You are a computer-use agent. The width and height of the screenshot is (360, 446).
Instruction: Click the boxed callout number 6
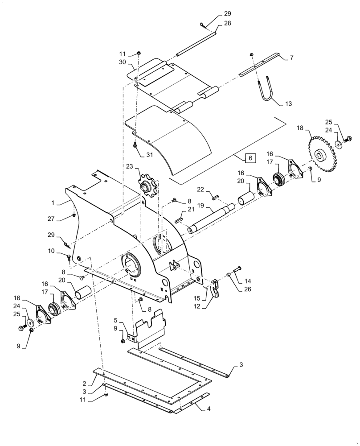pos(250,158)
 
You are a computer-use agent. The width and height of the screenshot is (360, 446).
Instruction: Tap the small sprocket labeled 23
pos(146,186)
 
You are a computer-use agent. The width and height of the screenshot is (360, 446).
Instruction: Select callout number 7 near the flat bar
pos(291,58)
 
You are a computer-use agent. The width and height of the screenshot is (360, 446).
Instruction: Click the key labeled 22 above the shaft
pos(216,194)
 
